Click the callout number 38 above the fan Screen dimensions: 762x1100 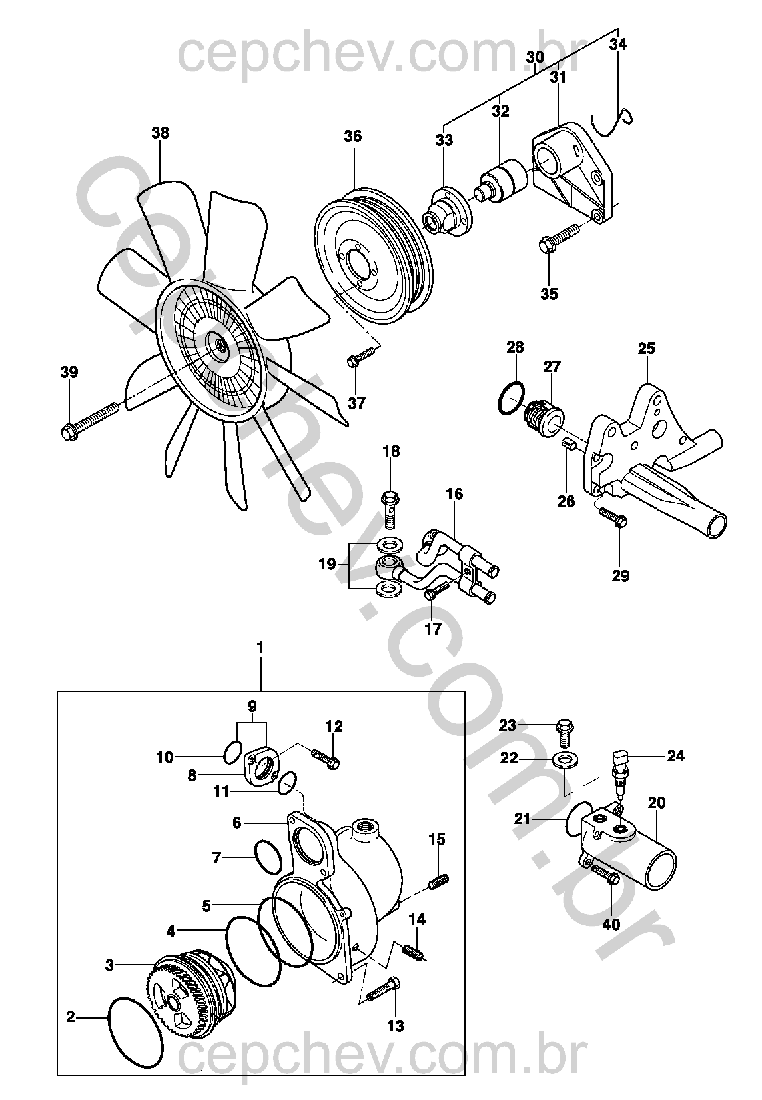point(161,133)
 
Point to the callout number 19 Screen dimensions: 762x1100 point(327,564)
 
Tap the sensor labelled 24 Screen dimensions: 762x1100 point(619,770)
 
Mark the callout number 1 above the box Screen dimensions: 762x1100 point(260,648)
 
